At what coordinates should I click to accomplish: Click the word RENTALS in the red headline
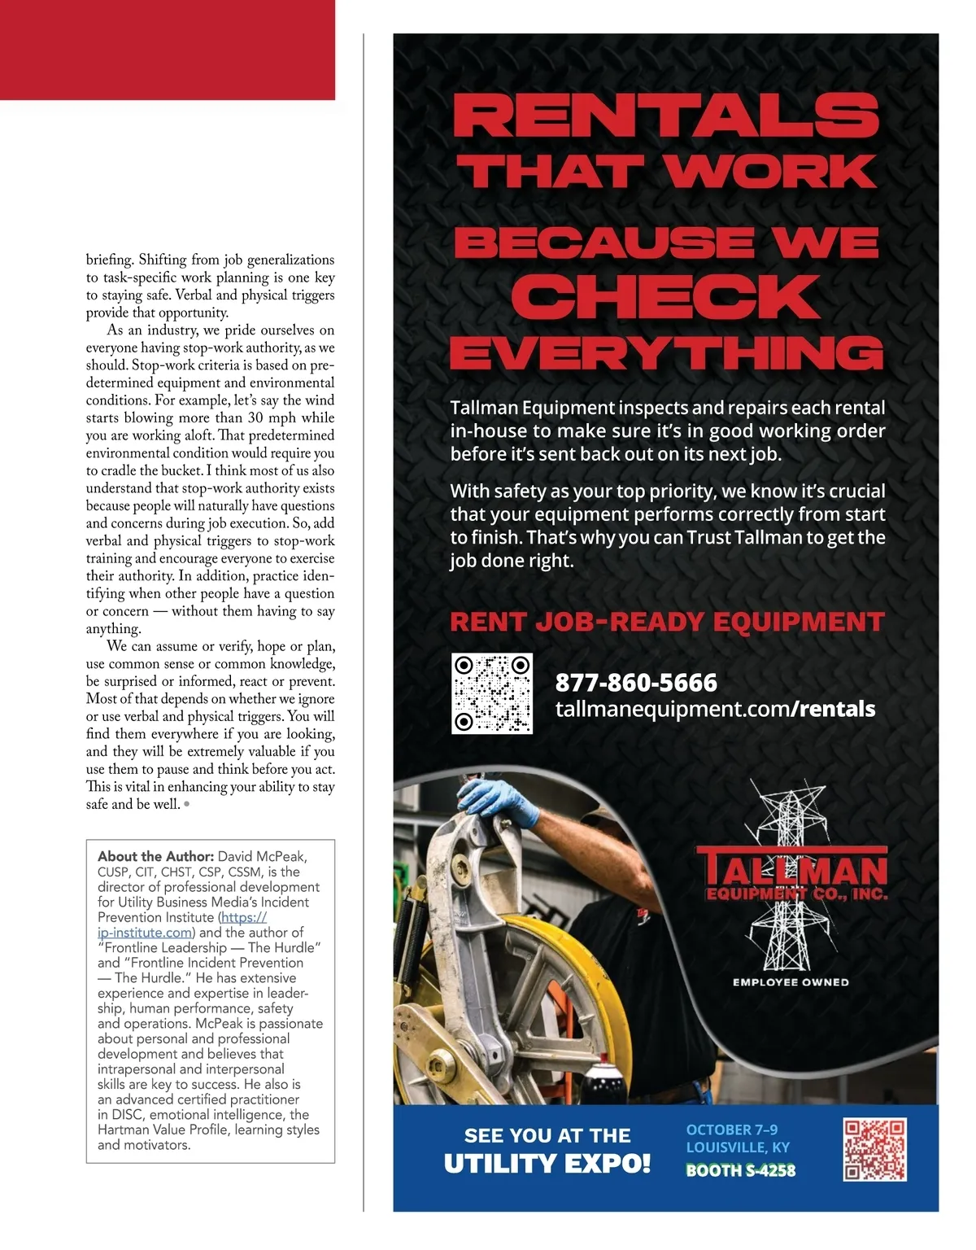pyautogui.click(x=666, y=116)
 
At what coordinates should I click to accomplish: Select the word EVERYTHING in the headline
pyautogui.click(x=666, y=353)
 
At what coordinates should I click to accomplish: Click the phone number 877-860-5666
pyautogui.click(x=636, y=682)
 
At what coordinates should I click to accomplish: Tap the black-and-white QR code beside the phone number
pyautogui.click(x=492, y=693)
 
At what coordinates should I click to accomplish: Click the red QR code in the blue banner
pyautogui.click(x=874, y=1149)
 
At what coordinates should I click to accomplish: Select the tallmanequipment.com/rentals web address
pyautogui.click(x=715, y=709)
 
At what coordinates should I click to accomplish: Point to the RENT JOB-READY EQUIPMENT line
pyautogui.click(x=667, y=623)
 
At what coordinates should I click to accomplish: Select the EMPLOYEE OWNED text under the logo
pyautogui.click(x=791, y=982)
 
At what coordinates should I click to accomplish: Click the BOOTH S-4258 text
pyautogui.click(x=741, y=1170)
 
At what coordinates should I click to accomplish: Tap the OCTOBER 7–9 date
pyautogui.click(x=732, y=1130)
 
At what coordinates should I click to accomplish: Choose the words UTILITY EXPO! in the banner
pyautogui.click(x=547, y=1164)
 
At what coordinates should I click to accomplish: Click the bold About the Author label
pyautogui.click(x=155, y=856)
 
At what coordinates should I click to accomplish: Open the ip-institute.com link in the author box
pyautogui.click(x=145, y=933)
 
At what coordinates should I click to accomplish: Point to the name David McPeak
pyautogui.click(x=262, y=856)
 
